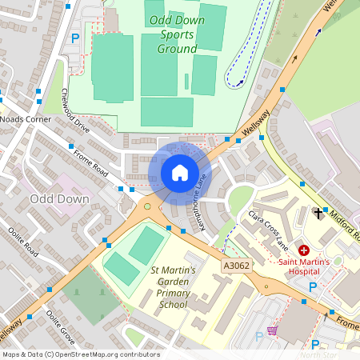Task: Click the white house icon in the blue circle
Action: tap(179, 172)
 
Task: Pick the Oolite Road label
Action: tap(24, 240)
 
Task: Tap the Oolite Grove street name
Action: tap(61, 326)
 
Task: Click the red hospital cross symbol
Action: tap(304, 250)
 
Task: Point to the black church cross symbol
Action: tap(319, 213)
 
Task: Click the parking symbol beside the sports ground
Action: tap(76, 37)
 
